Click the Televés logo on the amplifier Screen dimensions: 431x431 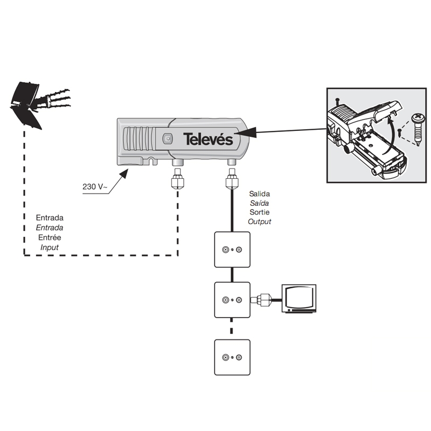207,139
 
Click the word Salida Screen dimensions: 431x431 259,193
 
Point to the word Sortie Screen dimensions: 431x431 259,212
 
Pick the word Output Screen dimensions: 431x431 260,221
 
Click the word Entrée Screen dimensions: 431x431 50,237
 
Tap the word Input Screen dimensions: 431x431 50,247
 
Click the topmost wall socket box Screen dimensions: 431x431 232,249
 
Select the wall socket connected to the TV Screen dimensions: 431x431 232,300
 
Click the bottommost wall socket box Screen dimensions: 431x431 232,357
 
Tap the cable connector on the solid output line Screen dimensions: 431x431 232,180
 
